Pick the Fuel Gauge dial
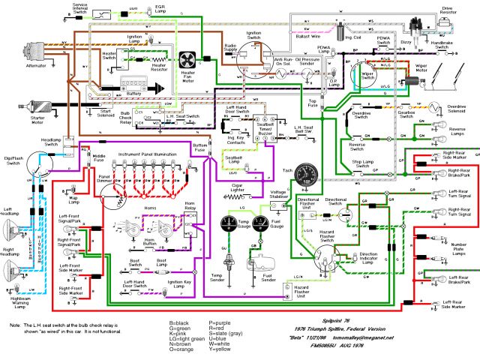pyautogui.click(x=260, y=223)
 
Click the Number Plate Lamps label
pyautogui.click(x=458, y=248)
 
